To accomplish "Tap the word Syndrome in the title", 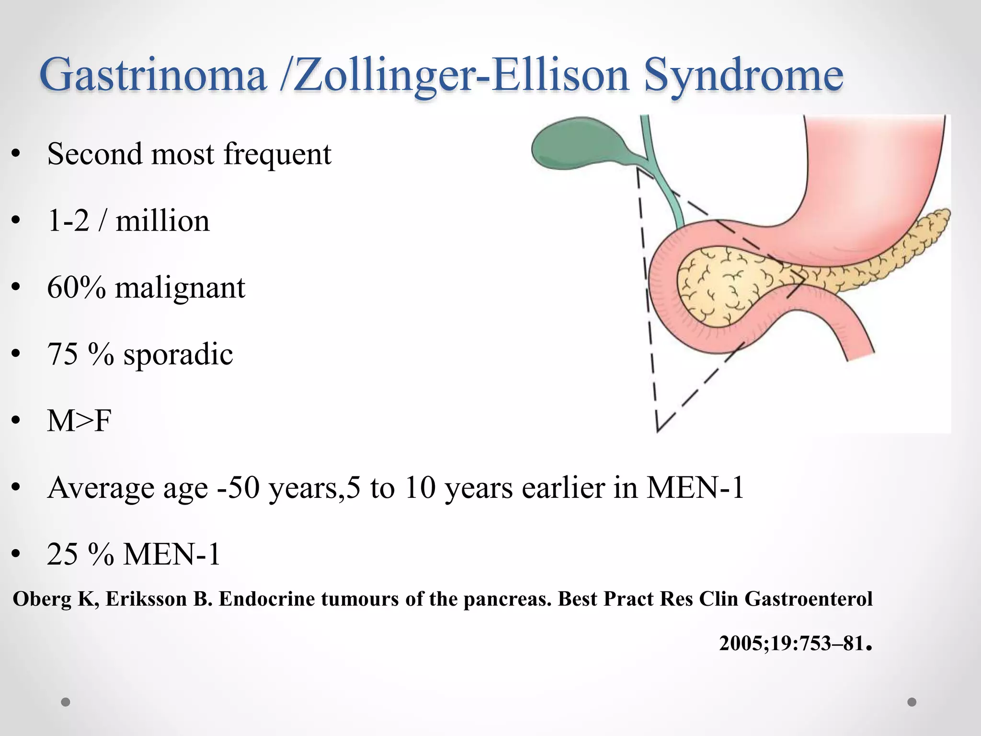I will [743, 76].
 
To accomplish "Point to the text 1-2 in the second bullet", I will [68, 221].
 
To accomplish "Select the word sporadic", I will [178, 355].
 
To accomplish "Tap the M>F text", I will [79, 421].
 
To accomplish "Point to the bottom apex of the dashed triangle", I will [658, 430].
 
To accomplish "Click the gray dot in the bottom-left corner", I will [66, 702].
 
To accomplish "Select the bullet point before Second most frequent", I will [16, 154].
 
